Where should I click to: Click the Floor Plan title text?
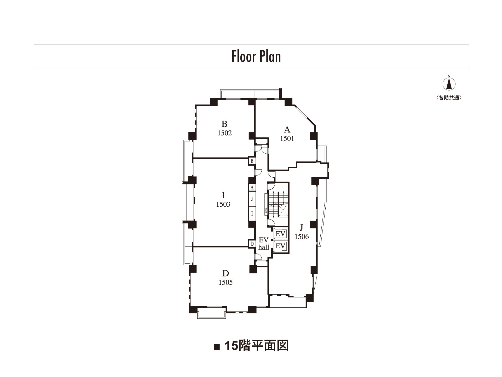pos(256,56)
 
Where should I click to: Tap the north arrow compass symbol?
pos(449,84)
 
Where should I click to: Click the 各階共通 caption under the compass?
pos(449,98)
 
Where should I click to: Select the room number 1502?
pos(224,133)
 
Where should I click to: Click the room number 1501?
pos(287,139)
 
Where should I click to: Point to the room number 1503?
pos(223,204)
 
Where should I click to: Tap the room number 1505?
pos(226,282)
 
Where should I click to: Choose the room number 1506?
pos(302,237)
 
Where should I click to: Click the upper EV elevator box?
pos(280,234)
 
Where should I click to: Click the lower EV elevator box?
pos(280,246)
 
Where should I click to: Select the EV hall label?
pos(263,244)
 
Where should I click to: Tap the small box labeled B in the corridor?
pos(252,161)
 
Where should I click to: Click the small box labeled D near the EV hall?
pos(252,244)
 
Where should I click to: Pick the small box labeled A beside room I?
pos(252,188)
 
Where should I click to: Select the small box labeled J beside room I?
pos(252,199)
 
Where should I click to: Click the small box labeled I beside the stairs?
pos(252,214)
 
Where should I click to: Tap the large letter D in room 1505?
pos(225,274)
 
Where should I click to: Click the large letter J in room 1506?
pos(302,227)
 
